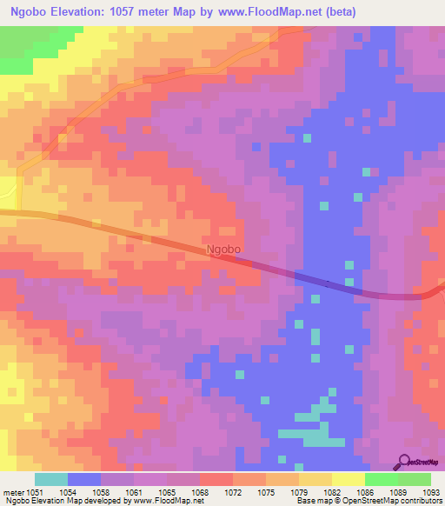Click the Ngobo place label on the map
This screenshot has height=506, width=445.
tap(224, 249)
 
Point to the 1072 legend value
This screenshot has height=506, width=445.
tap(232, 492)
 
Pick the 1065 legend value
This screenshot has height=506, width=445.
tap(168, 492)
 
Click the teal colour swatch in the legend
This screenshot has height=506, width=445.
tap(50, 479)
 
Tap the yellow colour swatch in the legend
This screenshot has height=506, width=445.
tap(348, 479)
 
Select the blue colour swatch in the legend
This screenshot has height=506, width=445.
tap(83, 479)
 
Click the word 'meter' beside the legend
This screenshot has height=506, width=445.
tap(14, 492)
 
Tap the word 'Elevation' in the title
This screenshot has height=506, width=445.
tap(76, 10)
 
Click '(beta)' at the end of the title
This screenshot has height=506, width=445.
tap(337, 10)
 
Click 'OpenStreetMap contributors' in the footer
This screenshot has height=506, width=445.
tap(395, 502)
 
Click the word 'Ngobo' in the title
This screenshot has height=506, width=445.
tap(26, 10)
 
